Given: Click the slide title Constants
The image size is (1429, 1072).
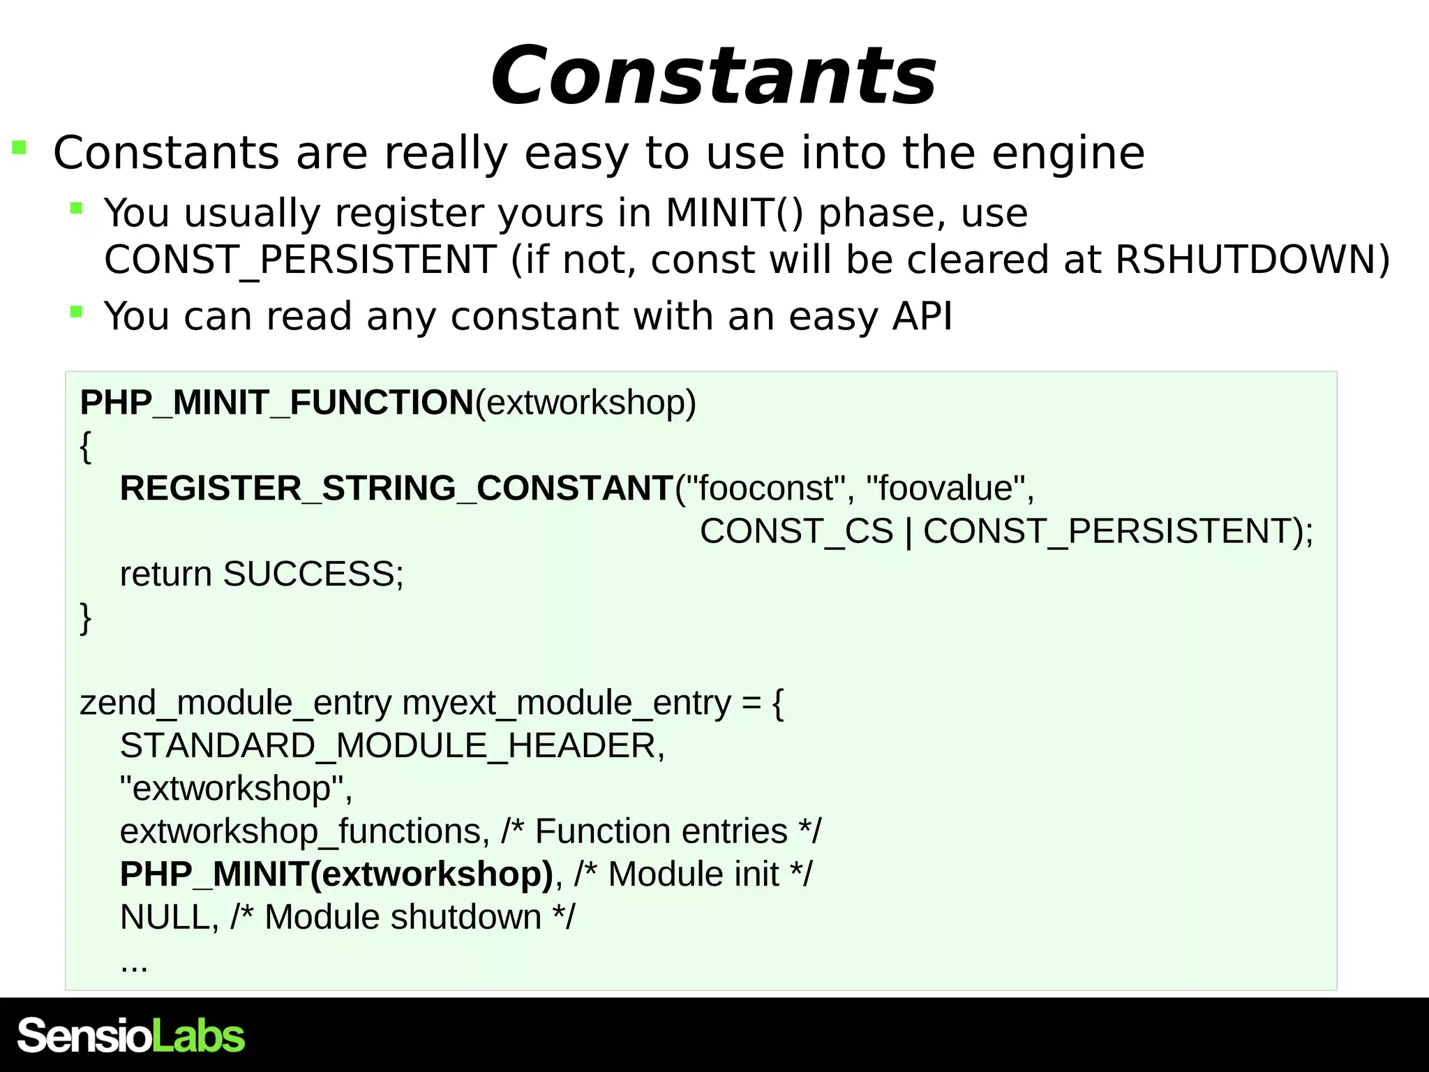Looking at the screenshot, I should tap(713, 75).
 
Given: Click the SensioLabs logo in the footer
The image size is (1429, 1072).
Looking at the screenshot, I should tap(130, 1036).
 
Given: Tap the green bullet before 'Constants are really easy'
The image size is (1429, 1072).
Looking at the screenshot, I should tap(20, 147).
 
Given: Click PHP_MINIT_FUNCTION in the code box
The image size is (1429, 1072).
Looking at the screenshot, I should tap(277, 403).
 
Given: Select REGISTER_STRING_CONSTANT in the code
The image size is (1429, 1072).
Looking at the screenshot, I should tap(396, 488).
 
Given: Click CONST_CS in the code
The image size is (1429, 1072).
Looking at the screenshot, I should tap(796, 531).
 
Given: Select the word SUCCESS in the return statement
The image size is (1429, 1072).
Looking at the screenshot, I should tap(308, 574).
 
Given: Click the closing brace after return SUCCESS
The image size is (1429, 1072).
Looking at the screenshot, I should tap(85, 618).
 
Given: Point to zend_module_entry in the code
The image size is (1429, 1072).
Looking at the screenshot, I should tap(235, 703).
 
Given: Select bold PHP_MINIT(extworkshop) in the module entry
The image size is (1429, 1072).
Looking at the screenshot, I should tap(336, 874).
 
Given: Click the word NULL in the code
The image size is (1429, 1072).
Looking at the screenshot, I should tap(165, 918).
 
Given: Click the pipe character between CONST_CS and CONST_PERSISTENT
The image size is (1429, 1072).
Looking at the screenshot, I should tap(908, 532).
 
